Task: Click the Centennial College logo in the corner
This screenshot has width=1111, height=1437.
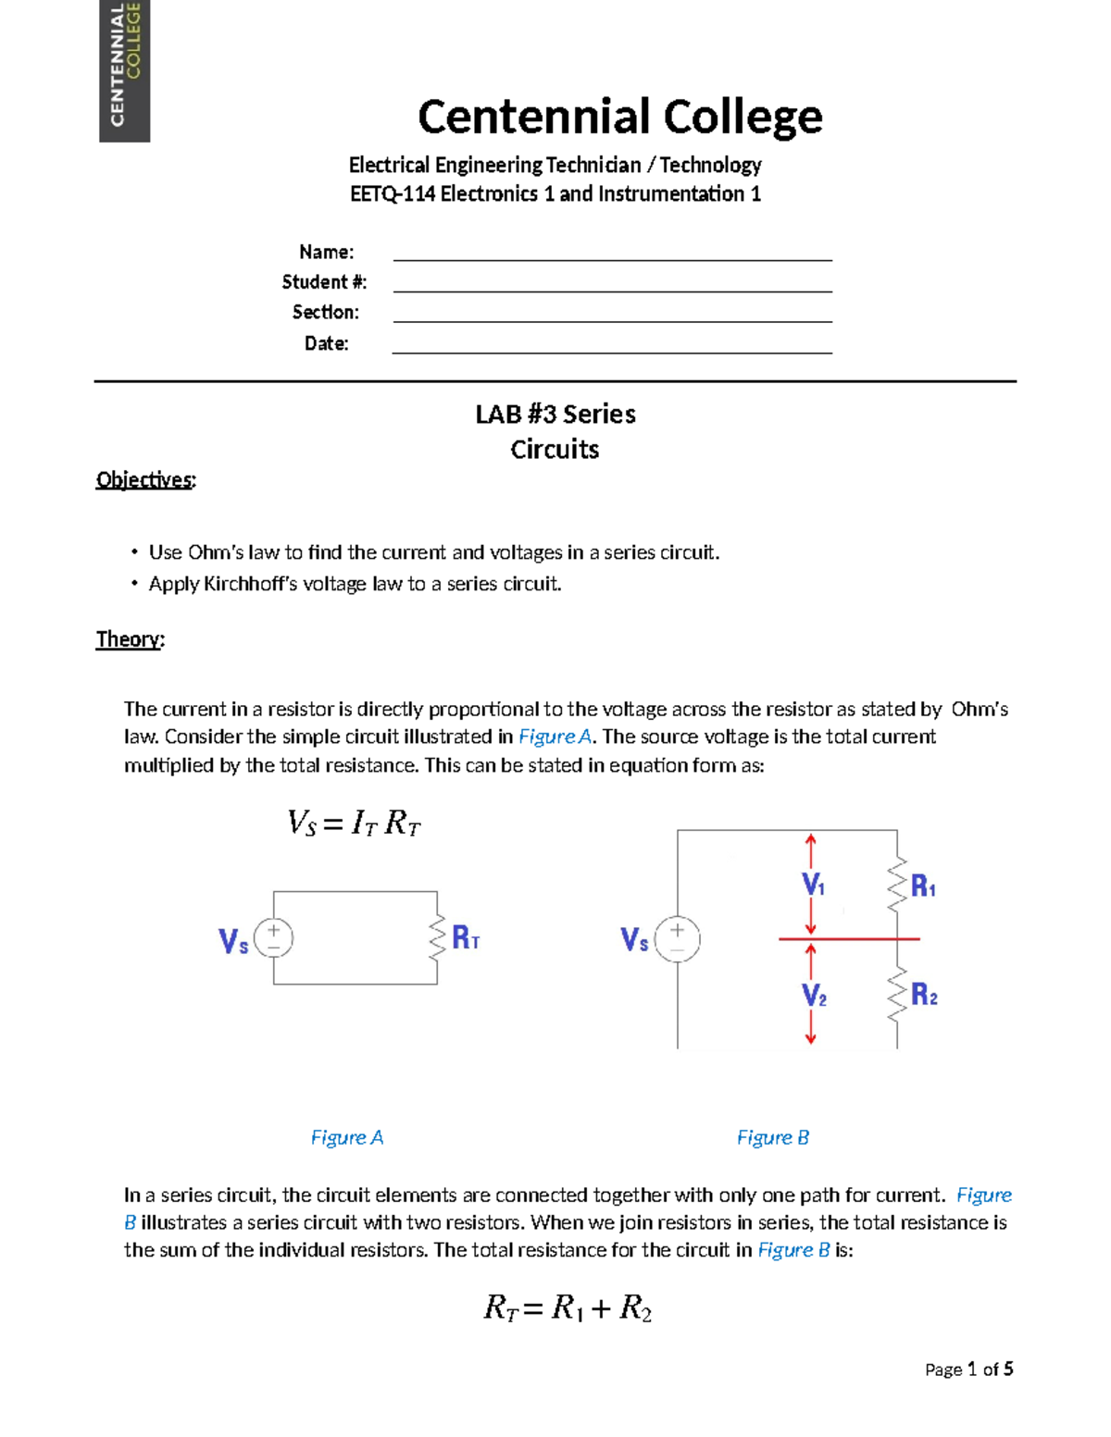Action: (124, 70)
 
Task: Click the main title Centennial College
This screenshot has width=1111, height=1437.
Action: (619, 117)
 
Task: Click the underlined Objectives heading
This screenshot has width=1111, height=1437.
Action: (145, 479)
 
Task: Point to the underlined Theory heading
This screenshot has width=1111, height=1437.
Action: (130, 639)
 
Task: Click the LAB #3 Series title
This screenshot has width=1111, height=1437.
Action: (555, 415)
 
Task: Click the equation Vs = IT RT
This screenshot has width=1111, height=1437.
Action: (354, 823)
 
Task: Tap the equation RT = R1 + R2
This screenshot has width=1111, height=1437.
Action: (568, 1308)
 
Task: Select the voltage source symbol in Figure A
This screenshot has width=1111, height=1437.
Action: (274, 938)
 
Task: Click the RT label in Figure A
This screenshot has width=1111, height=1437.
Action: (466, 938)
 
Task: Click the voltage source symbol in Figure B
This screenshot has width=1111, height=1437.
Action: (678, 939)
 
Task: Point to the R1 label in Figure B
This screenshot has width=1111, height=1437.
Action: (924, 886)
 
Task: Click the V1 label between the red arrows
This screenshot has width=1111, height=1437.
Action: (813, 886)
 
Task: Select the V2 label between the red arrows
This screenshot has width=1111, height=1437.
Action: (814, 996)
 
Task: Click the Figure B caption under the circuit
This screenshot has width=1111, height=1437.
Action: (773, 1137)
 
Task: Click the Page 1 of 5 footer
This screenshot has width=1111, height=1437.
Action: (968, 1369)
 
